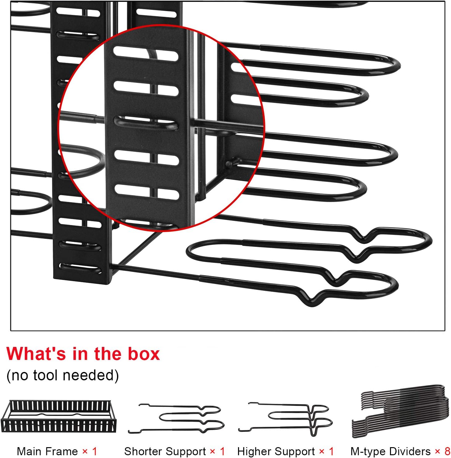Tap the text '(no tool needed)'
pos(63,375)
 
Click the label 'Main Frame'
pos(47,451)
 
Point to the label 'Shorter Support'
pos(165,451)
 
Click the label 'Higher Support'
pos(276,451)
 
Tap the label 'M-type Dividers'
pos(390,451)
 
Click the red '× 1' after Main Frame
pos(90,451)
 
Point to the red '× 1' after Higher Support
pos(327,451)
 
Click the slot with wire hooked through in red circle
pos(146,123)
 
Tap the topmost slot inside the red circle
pos(146,54)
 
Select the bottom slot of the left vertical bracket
pos(80,268)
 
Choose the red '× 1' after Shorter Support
pos(218,451)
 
